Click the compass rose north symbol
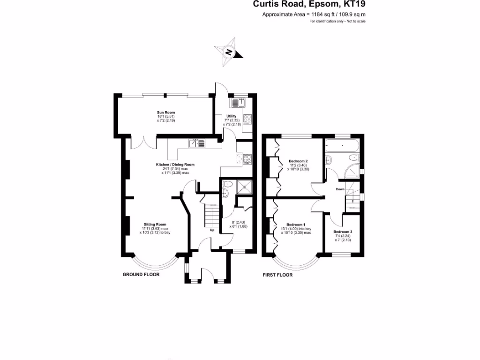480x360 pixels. point(228,52)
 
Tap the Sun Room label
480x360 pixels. point(165,112)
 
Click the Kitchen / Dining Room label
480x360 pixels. point(175,165)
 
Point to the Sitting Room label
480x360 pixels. point(155,225)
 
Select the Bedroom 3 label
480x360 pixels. point(343,232)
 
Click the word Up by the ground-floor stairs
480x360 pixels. point(212,230)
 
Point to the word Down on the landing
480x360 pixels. point(340,189)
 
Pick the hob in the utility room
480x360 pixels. point(247,119)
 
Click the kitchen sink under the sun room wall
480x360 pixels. point(197,143)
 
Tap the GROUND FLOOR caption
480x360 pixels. point(141,274)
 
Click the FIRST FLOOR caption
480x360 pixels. point(277,275)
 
